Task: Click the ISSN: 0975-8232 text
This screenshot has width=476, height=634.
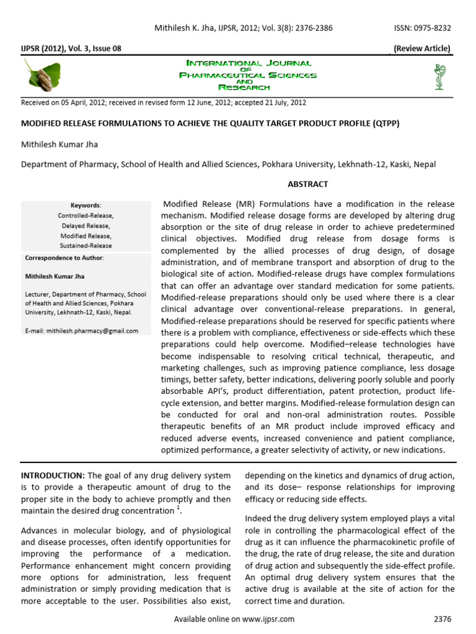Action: point(423,28)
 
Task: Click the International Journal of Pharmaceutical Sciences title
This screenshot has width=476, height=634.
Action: point(248,76)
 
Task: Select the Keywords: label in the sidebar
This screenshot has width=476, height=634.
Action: point(86,205)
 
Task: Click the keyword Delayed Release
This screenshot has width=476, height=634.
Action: point(86,226)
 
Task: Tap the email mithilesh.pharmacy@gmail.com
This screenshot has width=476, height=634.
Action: point(82,331)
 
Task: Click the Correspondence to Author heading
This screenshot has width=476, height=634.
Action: point(64,258)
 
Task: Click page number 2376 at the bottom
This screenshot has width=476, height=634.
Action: point(443,619)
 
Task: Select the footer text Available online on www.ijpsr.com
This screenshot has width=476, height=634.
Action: point(234,619)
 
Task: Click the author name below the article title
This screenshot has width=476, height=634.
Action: point(59,144)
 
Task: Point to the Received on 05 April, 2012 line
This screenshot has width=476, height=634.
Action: point(164,103)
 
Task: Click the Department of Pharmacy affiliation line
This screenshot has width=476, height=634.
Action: point(229,165)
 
